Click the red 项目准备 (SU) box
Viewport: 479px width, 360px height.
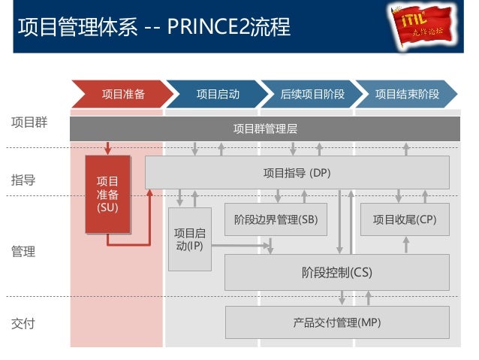pyautogui.click(x=107, y=194)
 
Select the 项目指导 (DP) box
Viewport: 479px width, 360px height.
pyautogui.click(x=297, y=172)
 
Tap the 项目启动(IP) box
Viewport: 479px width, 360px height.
pyautogui.click(x=189, y=239)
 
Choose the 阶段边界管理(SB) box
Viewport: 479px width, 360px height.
pyautogui.click(x=276, y=219)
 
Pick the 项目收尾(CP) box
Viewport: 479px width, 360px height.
pyautogui.click(x=404, y=219)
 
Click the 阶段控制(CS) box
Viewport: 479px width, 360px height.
pyautogui.click(x=336, y=272)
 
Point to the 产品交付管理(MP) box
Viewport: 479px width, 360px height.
pyautogui.click(x=336, y=322)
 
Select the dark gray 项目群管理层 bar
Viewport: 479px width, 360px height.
pyautogui.click(x=265, y=129)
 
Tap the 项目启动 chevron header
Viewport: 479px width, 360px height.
pyautogui.click(x=217, y=94)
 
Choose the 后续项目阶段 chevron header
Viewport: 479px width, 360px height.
pyautogui.click(x=312, y=94)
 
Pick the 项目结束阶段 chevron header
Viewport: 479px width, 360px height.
pyautogui.click(x=406, y=94)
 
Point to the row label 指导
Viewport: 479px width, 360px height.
pyautogui.click(x=23, y=180)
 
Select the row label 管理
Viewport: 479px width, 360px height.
pyautogui.click(x=23, y=252)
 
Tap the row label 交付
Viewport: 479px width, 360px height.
pyautogui.click(x=23, y=324)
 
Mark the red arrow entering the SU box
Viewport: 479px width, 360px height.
pyautogui.click(x=108, y=147)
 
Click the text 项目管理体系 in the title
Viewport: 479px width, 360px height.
pyautogui.click(x=77, y=28)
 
